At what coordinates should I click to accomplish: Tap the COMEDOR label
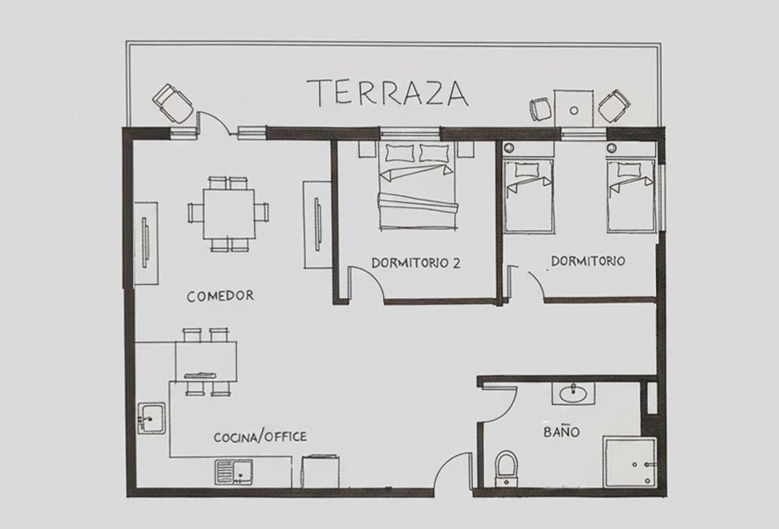pyautogui.click(x=220, y=296)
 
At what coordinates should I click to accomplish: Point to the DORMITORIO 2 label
pyautogui.click(x=416, y=263)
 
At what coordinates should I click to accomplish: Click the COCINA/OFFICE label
pyautogui.click(x=260, y=437)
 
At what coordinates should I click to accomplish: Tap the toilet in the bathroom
pyautogui.click(x=506, y=469)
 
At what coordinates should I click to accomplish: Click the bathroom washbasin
pyautogui.click(x=573, y=394)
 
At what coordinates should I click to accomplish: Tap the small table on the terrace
pyautogui.click(x=574, y=109)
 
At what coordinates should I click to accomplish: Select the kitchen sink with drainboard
pyautogui.click(x=234, y=472)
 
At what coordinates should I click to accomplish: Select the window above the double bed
pyautogui.click(x=409, y=132)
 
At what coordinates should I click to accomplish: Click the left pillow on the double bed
pyautogui.click(x=400, y=153)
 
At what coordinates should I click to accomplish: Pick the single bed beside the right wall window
pyautogui.click(x=631, y=196)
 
